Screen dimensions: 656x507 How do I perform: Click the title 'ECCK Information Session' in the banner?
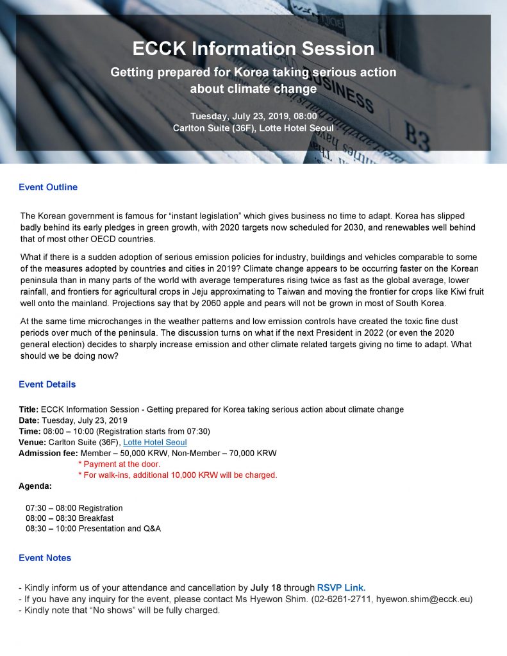253,49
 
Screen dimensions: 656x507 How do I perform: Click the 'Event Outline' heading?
48,187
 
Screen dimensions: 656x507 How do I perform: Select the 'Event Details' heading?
47,384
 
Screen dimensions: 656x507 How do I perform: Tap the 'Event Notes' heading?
45,558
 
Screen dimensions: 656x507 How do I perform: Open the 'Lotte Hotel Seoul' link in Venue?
154,442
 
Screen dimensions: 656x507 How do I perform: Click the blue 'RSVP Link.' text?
341,587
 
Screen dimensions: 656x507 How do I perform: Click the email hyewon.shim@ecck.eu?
424,599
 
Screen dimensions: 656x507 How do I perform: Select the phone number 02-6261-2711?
343,599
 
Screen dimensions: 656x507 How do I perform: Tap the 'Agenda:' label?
35,486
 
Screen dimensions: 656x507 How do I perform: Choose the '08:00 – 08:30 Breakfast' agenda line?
70,518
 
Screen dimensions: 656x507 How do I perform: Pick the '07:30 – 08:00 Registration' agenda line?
74,508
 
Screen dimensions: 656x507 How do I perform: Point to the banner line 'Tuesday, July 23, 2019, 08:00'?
253,116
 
